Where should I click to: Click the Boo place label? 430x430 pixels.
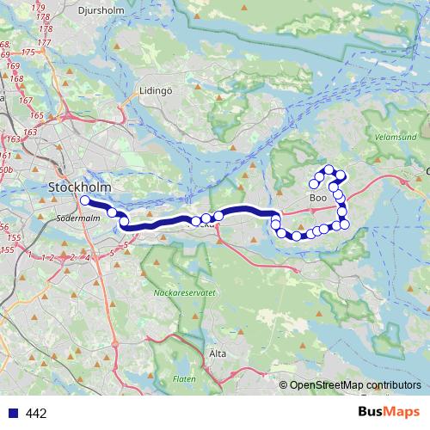[317, 198]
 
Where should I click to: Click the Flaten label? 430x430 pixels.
[184, 378]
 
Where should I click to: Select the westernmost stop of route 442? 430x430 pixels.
[84, 200]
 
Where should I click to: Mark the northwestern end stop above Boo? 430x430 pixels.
[314, 184]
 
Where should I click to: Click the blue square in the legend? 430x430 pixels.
[12, 414]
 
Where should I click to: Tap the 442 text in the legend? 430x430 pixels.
[36, 414]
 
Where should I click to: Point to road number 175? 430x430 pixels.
[28, 52]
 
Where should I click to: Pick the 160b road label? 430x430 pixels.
[5, 171]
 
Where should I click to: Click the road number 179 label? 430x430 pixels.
[39, 8]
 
